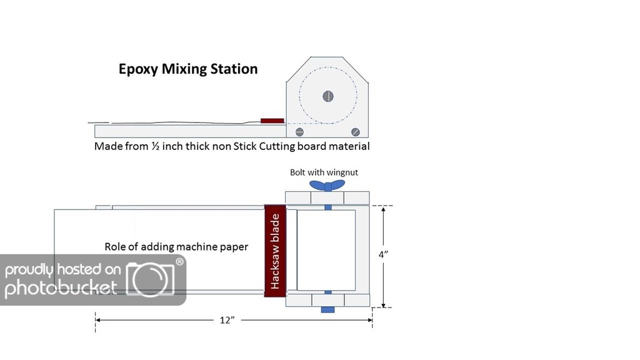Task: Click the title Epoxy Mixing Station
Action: coord(188,69)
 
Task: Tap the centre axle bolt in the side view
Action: coord(328,96)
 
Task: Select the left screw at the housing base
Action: coord(299,132)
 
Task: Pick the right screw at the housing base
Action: coord(356,132)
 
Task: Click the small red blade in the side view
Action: coord(272,121)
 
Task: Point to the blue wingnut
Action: coord(327,185)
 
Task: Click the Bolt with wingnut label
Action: coord(324,172)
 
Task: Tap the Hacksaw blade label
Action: coord(275,251)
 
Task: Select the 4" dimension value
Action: coord(383,254)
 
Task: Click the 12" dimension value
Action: coord(227,320)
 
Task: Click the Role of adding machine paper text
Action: coord(176,246)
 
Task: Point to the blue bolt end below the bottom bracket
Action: coord(327,310)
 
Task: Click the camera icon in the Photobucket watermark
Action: coord(150,279)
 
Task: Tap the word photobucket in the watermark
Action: coord(61,287)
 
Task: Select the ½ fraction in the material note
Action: coord(155,146)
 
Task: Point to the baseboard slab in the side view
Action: coord(190,131)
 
